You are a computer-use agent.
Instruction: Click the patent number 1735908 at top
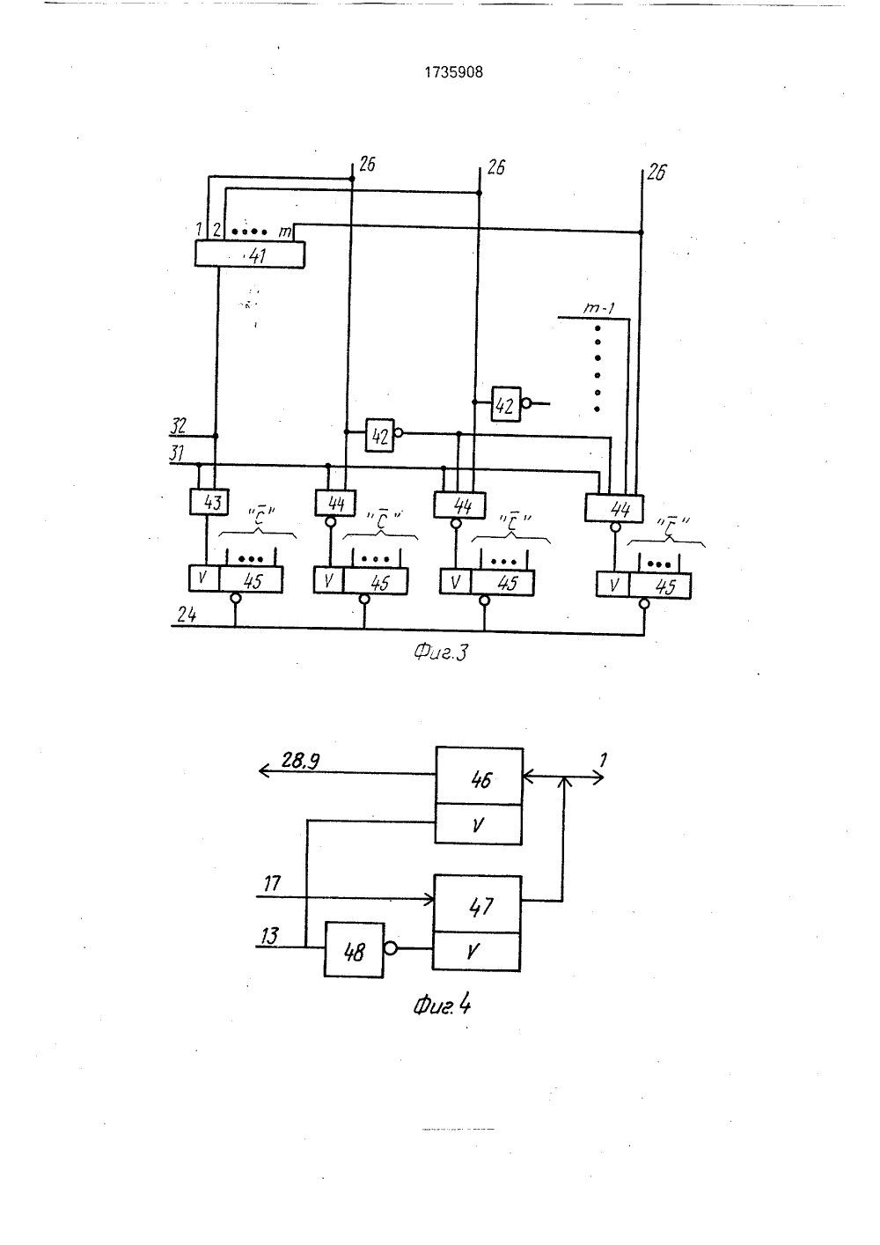coord(453,72)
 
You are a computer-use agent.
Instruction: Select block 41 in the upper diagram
coord(249,254)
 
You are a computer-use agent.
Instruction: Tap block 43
coord(209,502)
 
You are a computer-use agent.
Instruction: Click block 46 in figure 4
coord(479,776)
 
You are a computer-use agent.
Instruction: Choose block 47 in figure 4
coord(477,905)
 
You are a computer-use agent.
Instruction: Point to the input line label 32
coord(179,426)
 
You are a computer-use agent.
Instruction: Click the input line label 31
coord(177,453)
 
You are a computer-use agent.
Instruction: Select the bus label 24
coord(187,615)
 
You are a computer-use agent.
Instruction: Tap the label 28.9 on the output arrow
coord(300,761)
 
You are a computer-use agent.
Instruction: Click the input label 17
coord(272,883)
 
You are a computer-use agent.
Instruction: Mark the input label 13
coord(269,936)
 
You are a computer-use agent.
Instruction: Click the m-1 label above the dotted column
coord(598,308)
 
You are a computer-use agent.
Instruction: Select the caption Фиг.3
coord(441,652)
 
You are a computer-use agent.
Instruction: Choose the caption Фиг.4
coord(442,1006)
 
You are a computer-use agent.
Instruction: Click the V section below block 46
coord(479,825)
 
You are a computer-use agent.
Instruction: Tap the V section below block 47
coord(477,952)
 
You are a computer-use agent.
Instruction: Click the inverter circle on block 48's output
coord(391,948)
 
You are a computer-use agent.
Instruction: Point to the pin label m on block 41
coord(285,232)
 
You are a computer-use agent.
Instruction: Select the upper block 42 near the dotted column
coord(506,404)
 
